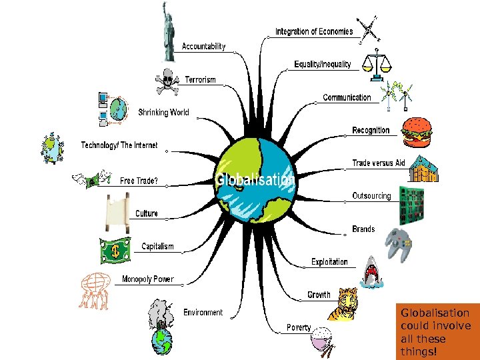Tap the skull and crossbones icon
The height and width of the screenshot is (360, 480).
pyautogui.click(x=167, y=82)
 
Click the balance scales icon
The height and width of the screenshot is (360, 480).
pyautogui.click(x=377, y=61)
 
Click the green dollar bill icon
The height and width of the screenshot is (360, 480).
pyautogui.click(x=116, y=251)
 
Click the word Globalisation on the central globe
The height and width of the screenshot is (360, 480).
pyautogui.click(x=255, y=180)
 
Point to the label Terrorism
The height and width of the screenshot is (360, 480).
pyautogui.click(x=201, y=80)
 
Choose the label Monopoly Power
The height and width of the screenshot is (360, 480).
pyautogui.click(x=147, y=279)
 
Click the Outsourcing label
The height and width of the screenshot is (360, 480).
pyautogui.click(x=371, y=196)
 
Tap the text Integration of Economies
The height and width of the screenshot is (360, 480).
pyautogui.click(x=314, y=31)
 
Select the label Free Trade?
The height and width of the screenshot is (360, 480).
pyautogui.click(x=139, y=181)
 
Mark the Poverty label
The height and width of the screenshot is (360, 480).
pyautogui.click(x=299, y=327)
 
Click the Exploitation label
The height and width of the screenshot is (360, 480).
pyautogui.click(x=329, y=262)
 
